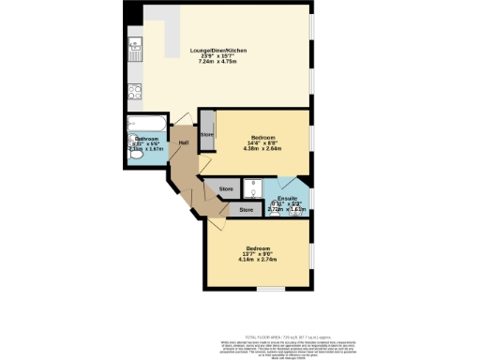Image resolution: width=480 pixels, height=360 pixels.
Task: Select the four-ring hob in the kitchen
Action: pos(135,92)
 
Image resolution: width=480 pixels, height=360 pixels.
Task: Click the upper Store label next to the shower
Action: pos(226,189)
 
